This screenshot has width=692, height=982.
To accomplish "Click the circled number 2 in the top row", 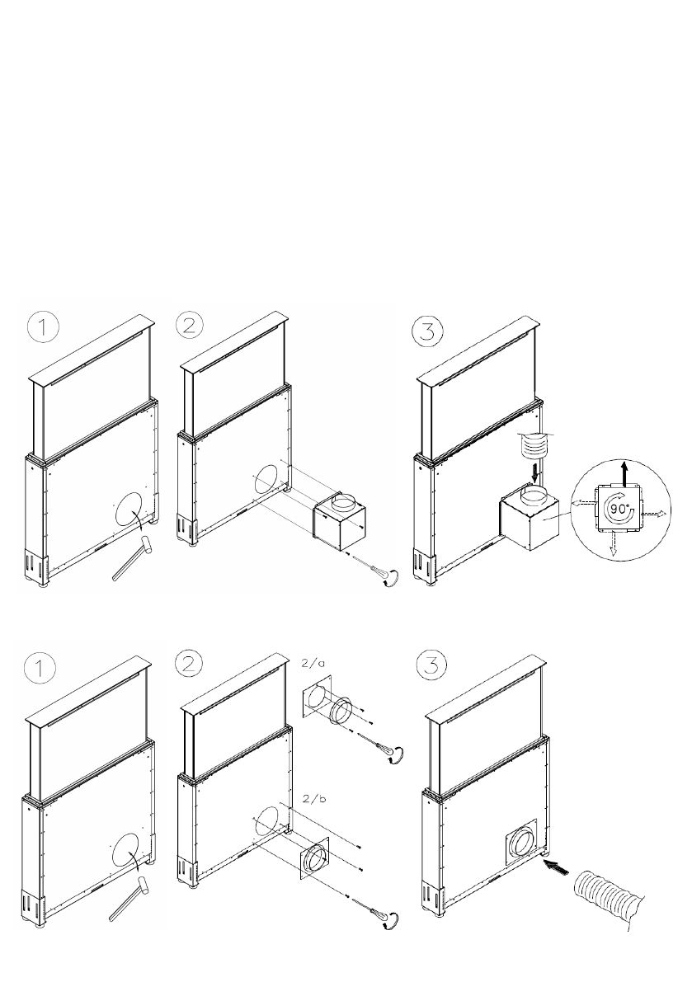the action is click(x=191, y=327).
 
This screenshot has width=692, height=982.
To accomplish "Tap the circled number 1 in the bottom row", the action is click(x=40, y=669).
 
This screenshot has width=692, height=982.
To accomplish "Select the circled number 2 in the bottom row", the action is click(x=190, y=664).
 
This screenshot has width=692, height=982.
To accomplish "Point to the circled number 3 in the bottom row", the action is click(x=432, y=665).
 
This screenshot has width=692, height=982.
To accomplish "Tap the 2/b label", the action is click(x=313, y=798).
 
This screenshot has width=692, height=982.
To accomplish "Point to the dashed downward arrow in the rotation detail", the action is click(x=613, y=544).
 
